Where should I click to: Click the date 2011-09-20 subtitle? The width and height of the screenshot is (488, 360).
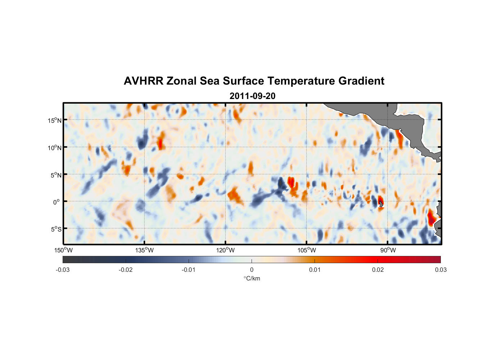(x=252, y=96)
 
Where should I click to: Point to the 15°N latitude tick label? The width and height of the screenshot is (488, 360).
(x=55, y=120)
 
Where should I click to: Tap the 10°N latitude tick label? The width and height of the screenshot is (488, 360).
(x=55, y=148)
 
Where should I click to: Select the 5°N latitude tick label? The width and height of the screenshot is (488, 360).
(x=56, y=175)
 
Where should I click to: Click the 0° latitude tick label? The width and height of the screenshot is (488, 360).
(x=57, y=202)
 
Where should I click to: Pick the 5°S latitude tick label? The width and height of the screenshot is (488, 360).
(x=56, y=229)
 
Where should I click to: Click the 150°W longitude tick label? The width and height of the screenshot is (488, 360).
(x=63, y=250)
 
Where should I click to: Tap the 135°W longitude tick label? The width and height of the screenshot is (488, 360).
(x=144, y=250)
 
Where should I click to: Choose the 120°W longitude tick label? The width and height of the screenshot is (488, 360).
(x=226, y=250)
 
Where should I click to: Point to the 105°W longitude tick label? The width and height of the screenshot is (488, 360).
(x=307, y=250)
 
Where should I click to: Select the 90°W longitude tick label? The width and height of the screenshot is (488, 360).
(x=388, y=250)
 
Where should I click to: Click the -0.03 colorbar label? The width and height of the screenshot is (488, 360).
(x=63, y=270)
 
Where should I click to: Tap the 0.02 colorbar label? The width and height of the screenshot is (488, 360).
(x=378, y=270)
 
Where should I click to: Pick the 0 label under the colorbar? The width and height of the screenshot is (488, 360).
(x=252, y=270)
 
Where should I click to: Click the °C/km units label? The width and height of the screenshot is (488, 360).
(x=252, y=278)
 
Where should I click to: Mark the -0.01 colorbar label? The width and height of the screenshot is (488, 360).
(x=189, y=270)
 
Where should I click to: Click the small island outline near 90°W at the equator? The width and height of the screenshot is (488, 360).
(x=381, y=204)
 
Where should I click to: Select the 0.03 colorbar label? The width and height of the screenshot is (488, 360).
(x=440, y=270)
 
